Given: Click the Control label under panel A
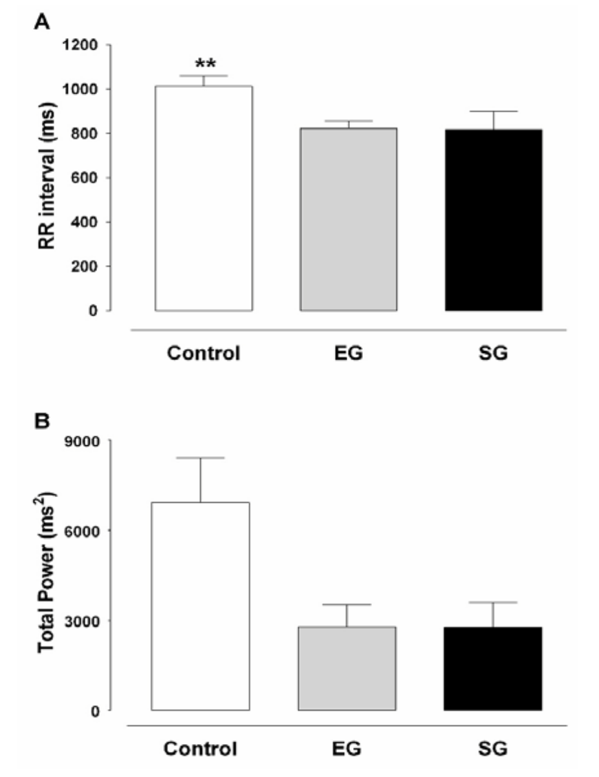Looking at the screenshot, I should tap(203, 354).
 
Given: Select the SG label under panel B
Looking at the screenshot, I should tap(493, 750).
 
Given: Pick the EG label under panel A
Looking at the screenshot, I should tap(348, 354).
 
